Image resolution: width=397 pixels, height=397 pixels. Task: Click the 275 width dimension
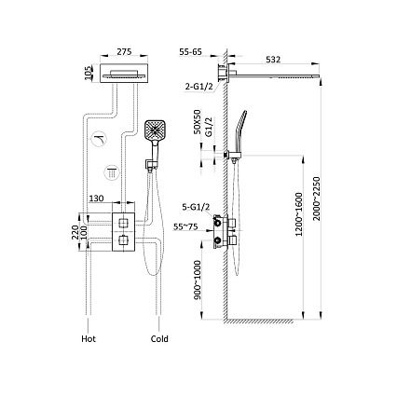(124, 51)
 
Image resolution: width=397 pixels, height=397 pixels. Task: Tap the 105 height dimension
(89, 73)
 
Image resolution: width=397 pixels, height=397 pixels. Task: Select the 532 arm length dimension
(273, 60)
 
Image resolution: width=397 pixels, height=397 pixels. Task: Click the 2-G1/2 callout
(199, 87)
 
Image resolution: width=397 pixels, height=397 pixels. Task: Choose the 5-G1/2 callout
(197, 207)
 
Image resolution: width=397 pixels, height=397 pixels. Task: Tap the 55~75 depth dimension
(185, 227)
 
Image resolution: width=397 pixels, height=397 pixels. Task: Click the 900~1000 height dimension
(198, 280)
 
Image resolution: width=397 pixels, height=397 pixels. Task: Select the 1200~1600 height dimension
(298, 214)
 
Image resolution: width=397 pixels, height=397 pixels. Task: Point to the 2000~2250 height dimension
(316, 198)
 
